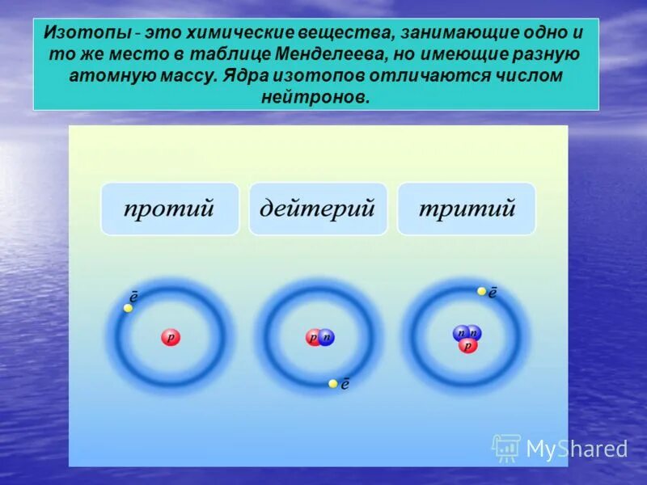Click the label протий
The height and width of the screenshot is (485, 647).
[170, 209]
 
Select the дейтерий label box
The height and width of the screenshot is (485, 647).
[318, 209]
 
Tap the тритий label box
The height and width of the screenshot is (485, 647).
[467, 209]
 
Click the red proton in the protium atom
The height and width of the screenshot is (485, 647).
[170, 338]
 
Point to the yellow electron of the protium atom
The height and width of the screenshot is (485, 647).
[128, 308]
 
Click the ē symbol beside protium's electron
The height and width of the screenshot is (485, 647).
[134, 297]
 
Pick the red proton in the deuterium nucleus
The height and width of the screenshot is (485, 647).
[313, 338]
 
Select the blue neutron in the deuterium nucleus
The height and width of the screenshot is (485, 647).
[326, 338]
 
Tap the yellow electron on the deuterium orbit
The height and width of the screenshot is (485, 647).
[332, 384]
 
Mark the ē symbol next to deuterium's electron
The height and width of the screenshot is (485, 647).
[345, 384]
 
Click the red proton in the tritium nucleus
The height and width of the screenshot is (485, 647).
[467, 345]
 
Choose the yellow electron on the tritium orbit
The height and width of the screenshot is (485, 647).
[481, 291]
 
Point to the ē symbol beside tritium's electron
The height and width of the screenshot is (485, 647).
[493, 292]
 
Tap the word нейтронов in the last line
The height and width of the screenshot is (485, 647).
[315, 97]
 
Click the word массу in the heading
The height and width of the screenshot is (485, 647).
[181, 76]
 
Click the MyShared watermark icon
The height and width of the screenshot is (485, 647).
[506, 448]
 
